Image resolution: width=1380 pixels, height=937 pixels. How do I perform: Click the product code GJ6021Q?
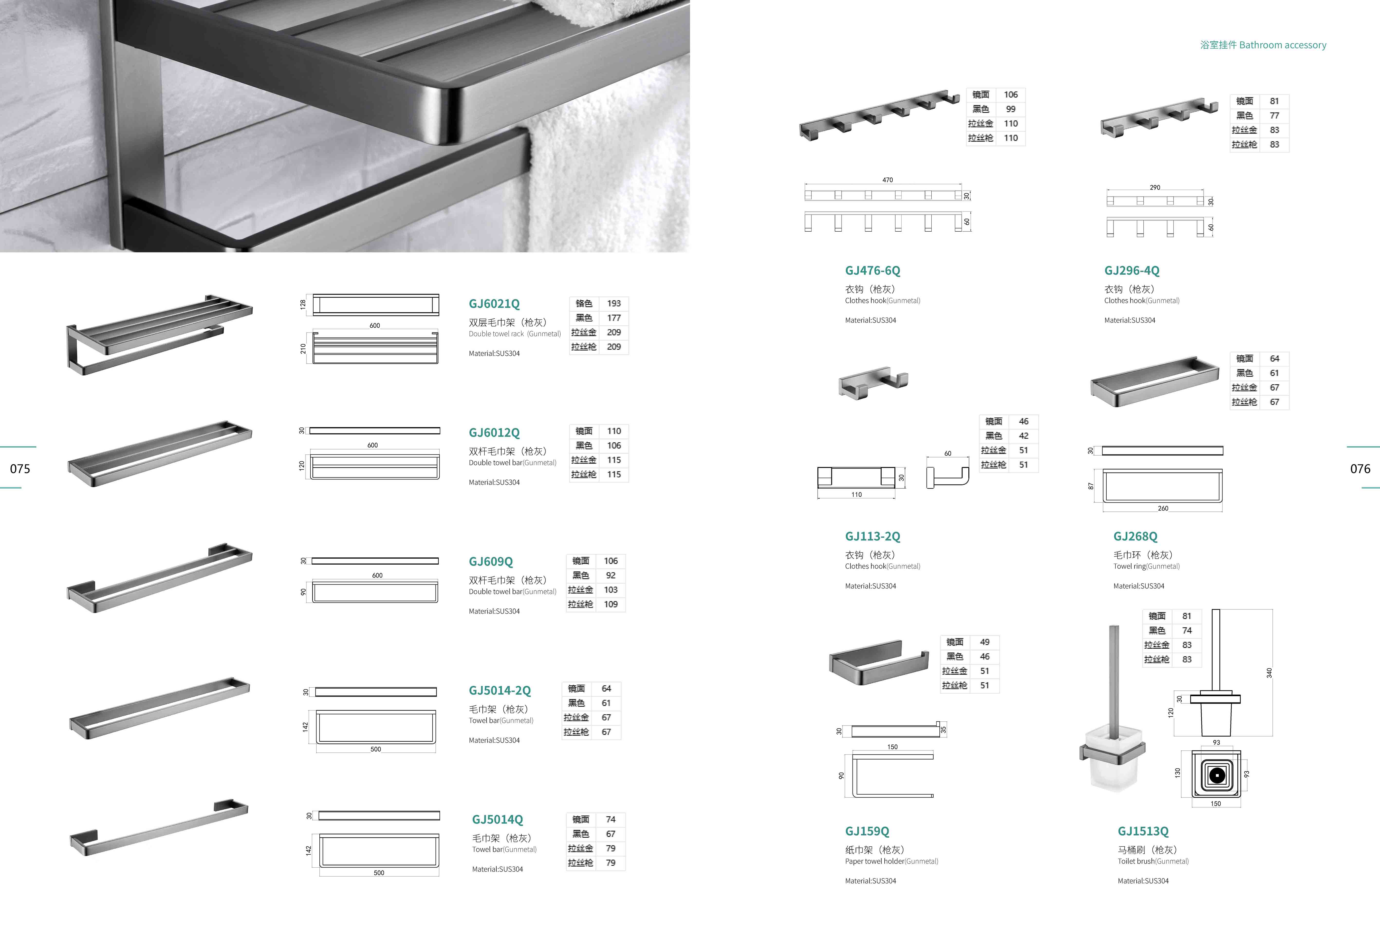[x=494, y=304]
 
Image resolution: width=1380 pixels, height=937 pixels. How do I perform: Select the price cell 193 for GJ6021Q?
[x=614, y=304]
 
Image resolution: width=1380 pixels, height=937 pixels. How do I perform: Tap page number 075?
[x=20, y=469]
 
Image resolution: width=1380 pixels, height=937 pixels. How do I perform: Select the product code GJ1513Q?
[x=1143, y=831]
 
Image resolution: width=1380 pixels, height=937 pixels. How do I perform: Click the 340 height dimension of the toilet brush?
[x=1269, y=672]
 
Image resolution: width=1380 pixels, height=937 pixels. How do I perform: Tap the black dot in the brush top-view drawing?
[x=1216, y=775]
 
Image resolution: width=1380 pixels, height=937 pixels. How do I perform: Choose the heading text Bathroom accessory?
[x=1283, y=45]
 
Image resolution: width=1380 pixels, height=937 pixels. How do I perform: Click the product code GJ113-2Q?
[x=872, y=537]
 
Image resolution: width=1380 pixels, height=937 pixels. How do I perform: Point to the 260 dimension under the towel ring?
[x=1163, y=509]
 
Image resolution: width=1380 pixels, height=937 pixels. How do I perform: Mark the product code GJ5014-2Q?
[x=499, y=691]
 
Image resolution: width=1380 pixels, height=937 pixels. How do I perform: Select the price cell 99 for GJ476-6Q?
[x=1011, y=109]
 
